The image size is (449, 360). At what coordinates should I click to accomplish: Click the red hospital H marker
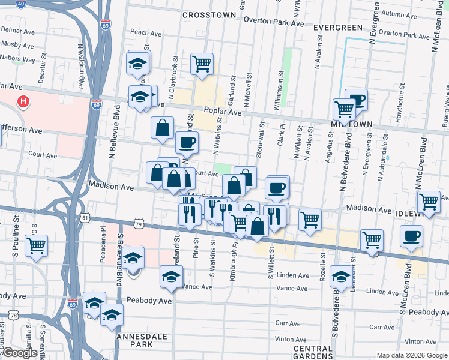pyautogui.click(x=23, y=102)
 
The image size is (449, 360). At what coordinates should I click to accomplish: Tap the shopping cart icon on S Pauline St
pyautogui.click(x=37, y=245)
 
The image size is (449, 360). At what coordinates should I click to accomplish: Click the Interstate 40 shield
pyautogui.click(x=21, y=4)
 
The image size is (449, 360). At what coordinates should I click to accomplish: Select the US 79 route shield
pyautogui.click(x=139, y=224)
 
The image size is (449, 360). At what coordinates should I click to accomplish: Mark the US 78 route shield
pyautogui.click(x=13, y=314)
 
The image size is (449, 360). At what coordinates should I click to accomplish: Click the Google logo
pyautogui.click(x=20, y=353)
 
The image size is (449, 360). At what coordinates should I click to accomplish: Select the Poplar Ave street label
pyautogui.click(x=222, y=112)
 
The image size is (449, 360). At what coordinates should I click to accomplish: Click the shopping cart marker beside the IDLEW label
pyautogui.click(x=429, y=202)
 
